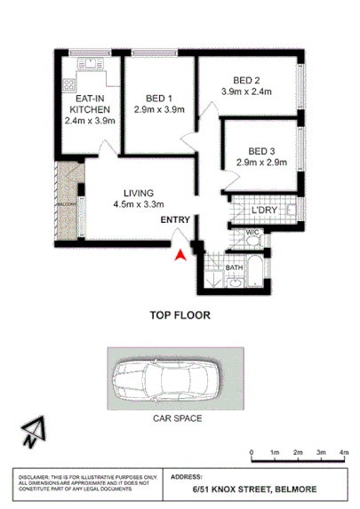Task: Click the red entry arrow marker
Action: coord(181,254)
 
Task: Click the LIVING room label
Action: coord(140,193)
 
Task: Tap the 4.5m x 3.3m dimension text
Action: coord(140,204)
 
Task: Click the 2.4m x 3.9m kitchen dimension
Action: coord(92,121)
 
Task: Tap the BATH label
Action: coord(234,266)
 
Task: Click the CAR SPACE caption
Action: coord(175,419)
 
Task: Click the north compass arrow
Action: coord(34,432)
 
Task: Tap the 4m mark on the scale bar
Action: coord(344,452)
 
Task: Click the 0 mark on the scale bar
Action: coord(252,452)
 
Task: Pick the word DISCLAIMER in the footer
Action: coord(36,477)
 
